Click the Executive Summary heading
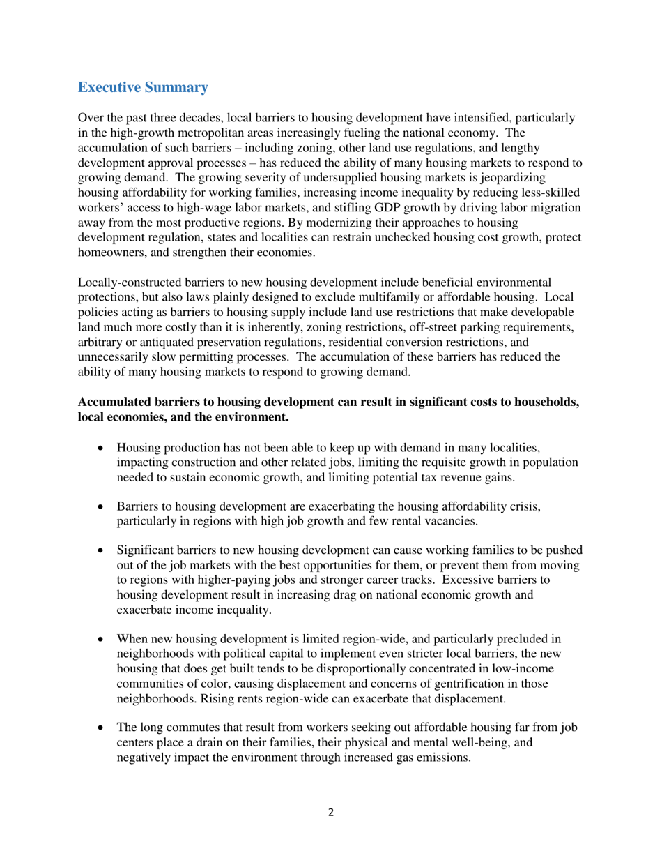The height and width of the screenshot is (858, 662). tap(143, 87)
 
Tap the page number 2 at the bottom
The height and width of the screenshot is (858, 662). tap(331, 812)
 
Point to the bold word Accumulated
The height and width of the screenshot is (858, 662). tap(114, 402)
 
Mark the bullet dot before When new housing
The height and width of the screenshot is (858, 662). tap(102, 638)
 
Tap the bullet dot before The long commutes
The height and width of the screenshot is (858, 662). tap(102, 728)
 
